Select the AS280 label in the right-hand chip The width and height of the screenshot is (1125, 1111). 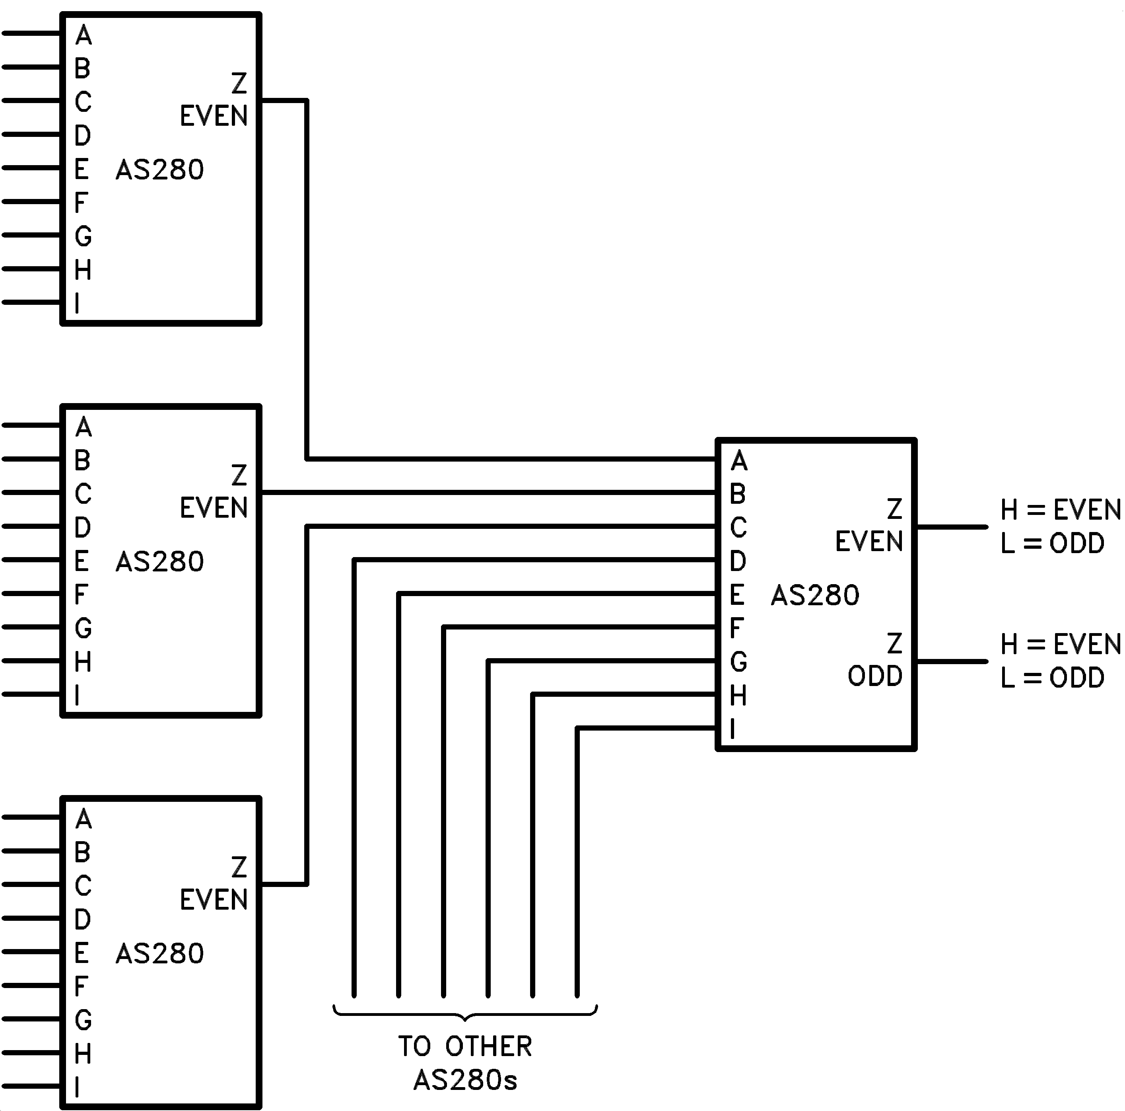(815, 595)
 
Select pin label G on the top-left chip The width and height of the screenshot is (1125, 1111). (83, 236)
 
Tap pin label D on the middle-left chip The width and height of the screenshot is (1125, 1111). (83, 528)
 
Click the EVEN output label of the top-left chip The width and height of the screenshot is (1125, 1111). (213, 116)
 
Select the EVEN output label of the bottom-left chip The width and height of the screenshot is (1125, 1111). (213, 900)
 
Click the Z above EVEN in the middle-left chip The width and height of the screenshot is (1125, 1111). (239, 476)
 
